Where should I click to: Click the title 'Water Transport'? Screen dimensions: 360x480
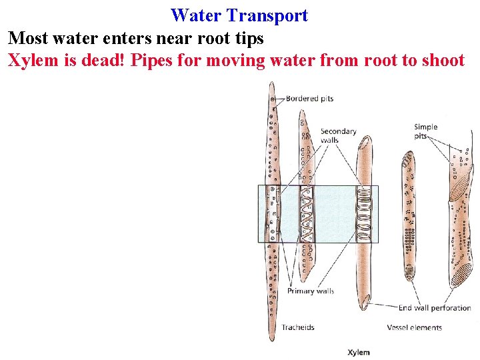click(x=239, y=15)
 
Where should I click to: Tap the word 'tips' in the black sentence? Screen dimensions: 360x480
click(x=248, y=39)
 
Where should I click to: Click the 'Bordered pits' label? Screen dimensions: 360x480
click(x=309, y=99)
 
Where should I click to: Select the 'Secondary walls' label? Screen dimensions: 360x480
click(x=339, y=136)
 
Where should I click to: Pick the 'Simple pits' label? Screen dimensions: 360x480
click(x=425, y=131)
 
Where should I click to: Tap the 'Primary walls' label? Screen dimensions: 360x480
click(x=311, y=291)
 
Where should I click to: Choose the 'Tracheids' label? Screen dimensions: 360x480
click(x=297, y=327)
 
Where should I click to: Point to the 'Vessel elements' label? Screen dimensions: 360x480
click(x=414, y=327)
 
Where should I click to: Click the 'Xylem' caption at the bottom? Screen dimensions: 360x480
click(x=359, y=352)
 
